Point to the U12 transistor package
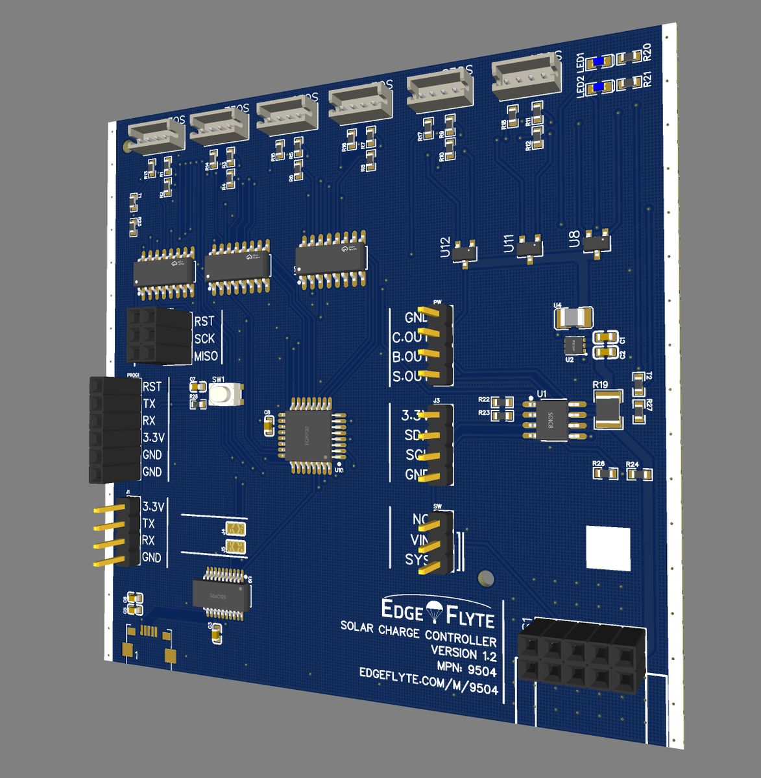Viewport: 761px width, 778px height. pos(465,252)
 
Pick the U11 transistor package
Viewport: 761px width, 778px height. pos(531,246)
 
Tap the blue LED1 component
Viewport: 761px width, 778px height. pos(598,62)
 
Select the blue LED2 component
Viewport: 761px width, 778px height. pos(598,86)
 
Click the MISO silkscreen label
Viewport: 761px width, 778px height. pos(206,357)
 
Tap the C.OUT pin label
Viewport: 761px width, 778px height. pos(410,338)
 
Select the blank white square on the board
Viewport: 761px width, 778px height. pos(608,548)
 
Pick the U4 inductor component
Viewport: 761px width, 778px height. pos(573,318)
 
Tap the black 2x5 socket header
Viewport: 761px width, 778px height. pos(581,656)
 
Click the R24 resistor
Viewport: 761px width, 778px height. pos(640,475)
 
